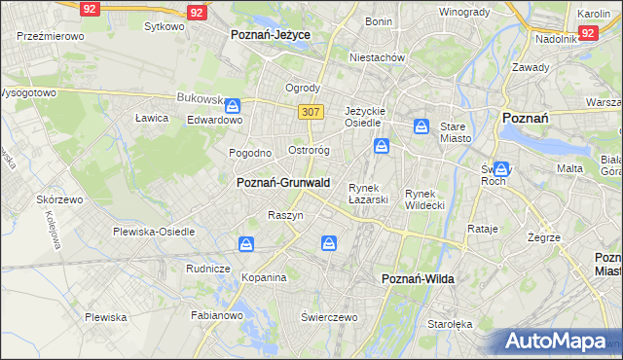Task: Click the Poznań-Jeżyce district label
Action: (x=270, y=34)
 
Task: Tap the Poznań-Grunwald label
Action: (x=283, y=182)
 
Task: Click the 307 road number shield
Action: (x=311, y=112)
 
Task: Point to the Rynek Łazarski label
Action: (x=369, y=194)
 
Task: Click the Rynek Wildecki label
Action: (x=424, y=199)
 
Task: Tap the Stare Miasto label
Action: (x=456, y=132)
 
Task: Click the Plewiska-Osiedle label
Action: (x=154, y=232)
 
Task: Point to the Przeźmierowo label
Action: (x=51, y=35)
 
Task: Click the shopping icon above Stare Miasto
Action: (x=421, y=126)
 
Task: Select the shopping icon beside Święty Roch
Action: (x=501, y=167)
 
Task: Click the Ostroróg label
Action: (x=310, y=151)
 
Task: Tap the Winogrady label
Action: (x=463, y=12)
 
